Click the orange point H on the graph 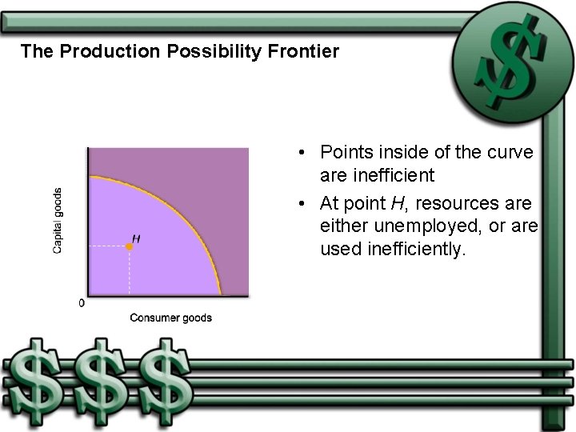pyautogui.click(x=130, y=247)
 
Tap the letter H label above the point pyautogui.click(x=136, y=238)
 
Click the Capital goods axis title pyautogui.click(x=58, y=221)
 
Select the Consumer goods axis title pyautogui.click(x=170, y=318)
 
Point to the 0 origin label pyautogui.click(x=81, y=303)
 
